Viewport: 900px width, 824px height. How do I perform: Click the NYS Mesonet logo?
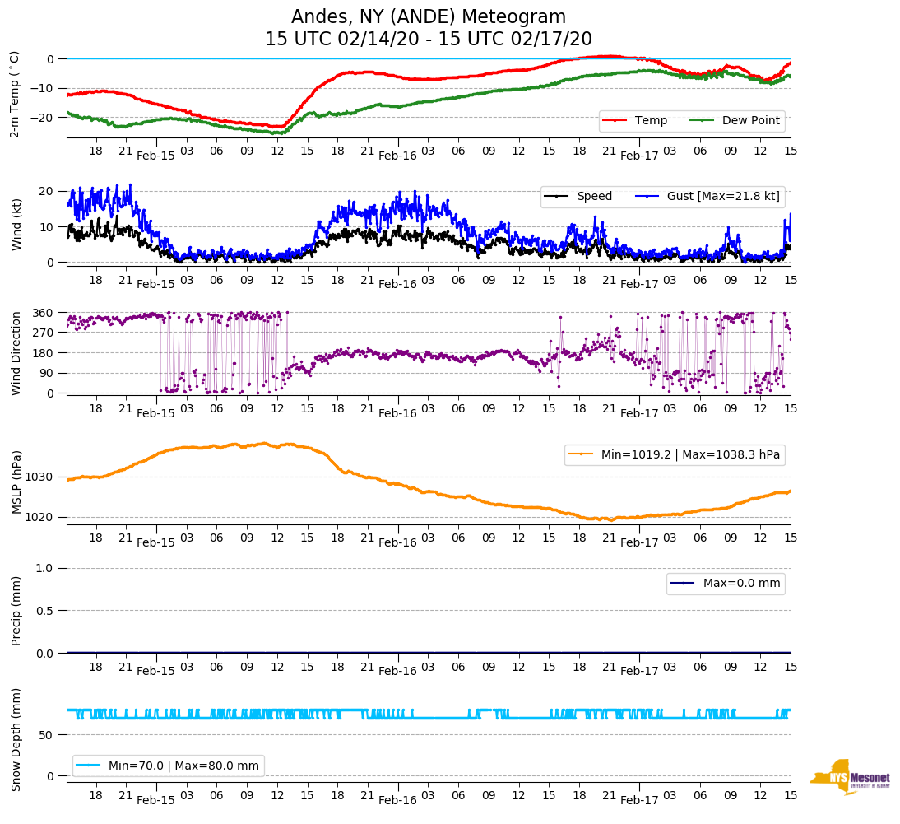click(851, 777)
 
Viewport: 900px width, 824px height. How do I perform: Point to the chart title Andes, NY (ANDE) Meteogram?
click(429, 17)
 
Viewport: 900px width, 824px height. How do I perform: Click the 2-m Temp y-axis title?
click(14, 93)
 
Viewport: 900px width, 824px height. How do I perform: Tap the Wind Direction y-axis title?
click(16, 352)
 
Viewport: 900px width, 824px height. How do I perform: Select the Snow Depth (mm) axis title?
click(16, 739)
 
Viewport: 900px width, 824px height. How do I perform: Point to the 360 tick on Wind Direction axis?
click(44, 313)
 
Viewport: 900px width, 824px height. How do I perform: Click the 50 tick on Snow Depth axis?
click(48, 735)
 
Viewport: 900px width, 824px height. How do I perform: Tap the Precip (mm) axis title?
click(16, 610)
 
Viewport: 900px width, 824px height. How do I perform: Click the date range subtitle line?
click(429, 40)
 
